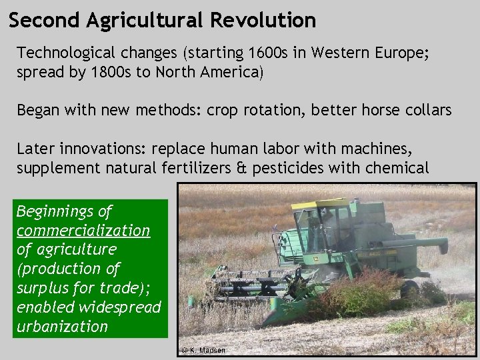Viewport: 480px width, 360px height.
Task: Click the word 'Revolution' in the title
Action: pyautogui.click(x=263, y=20)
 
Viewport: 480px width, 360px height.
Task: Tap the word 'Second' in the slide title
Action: pyautogui.click(x=45, y=20)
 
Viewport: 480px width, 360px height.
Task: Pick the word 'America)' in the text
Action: pyautogui.click(x=237, y=72)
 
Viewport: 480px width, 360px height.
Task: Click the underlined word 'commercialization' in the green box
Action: pyautogui.click(x=83, y=231)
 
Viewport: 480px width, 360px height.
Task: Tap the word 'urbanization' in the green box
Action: pyautogui.click(x=62, y=327)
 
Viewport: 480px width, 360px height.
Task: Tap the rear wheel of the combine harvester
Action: pyautogui.click(x=409, y=288)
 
